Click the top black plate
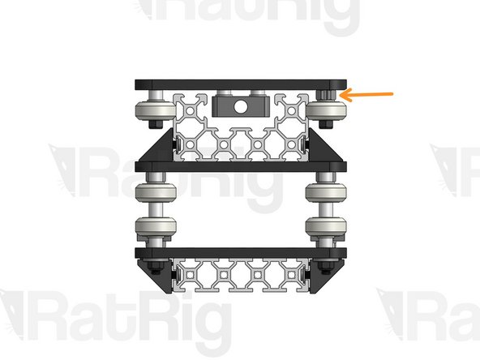240,84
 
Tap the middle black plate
240,167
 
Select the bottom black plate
240,253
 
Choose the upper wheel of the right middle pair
324,195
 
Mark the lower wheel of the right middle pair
324,227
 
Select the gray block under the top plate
224,106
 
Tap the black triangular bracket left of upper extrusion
160,152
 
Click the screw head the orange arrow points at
326,95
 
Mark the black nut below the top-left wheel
153,126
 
